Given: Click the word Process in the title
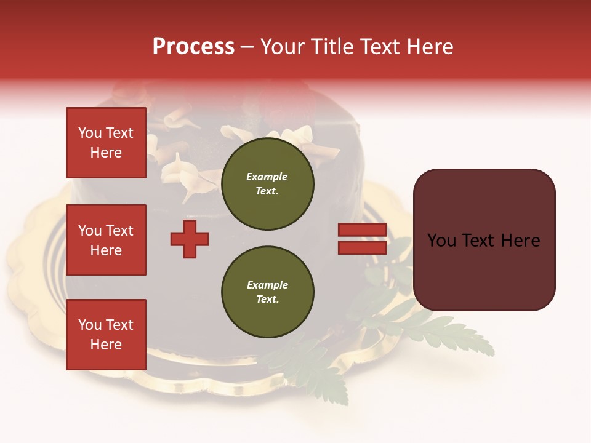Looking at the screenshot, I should pyautogui.click(x=193, y=47).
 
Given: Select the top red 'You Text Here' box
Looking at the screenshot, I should pyautogui.click(x=106, y=142).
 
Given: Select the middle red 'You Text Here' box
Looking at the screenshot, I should pyautogui.click(x=106, y=240).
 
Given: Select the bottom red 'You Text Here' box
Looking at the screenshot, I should pyautogui.click(x=106, y=334).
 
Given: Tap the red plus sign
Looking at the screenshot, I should pyautogui.click(x=190, y=239).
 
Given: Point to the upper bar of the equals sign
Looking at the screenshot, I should pyautogui.click(x=362, y=230).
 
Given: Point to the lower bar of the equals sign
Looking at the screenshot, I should pyautogui.click(x=362, y=247).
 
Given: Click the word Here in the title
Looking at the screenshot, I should pyautogui.click(x=428, y=47).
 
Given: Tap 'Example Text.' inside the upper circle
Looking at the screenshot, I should pyautogui.click(x=267, y=184).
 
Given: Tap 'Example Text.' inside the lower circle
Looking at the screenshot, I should pyautogui.click(x=267, y=292).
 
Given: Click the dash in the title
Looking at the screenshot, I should pyautogui.click(x=247, y=48).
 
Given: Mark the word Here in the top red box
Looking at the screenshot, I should pyautogui.click(x=106, y=153).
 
